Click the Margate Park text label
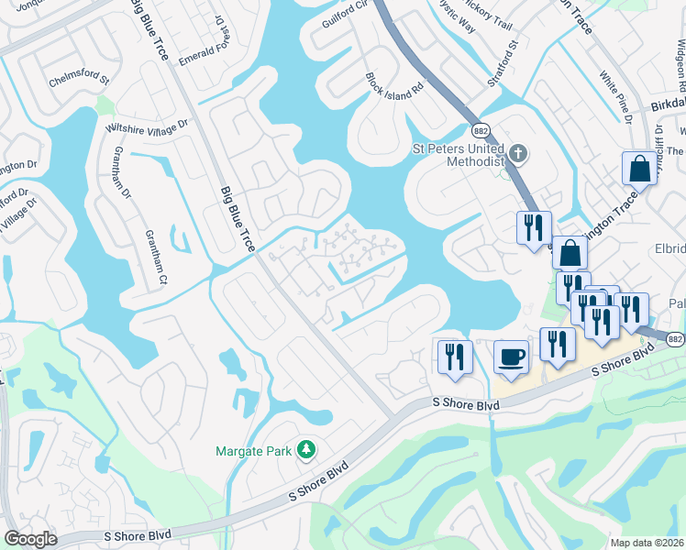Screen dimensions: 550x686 252,450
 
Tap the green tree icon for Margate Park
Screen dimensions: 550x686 306,450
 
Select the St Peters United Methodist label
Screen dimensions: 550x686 457,154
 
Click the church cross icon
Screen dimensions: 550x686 518,153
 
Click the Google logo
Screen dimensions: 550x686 30,539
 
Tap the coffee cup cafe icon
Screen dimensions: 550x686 511,356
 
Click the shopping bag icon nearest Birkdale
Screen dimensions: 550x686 637,168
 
